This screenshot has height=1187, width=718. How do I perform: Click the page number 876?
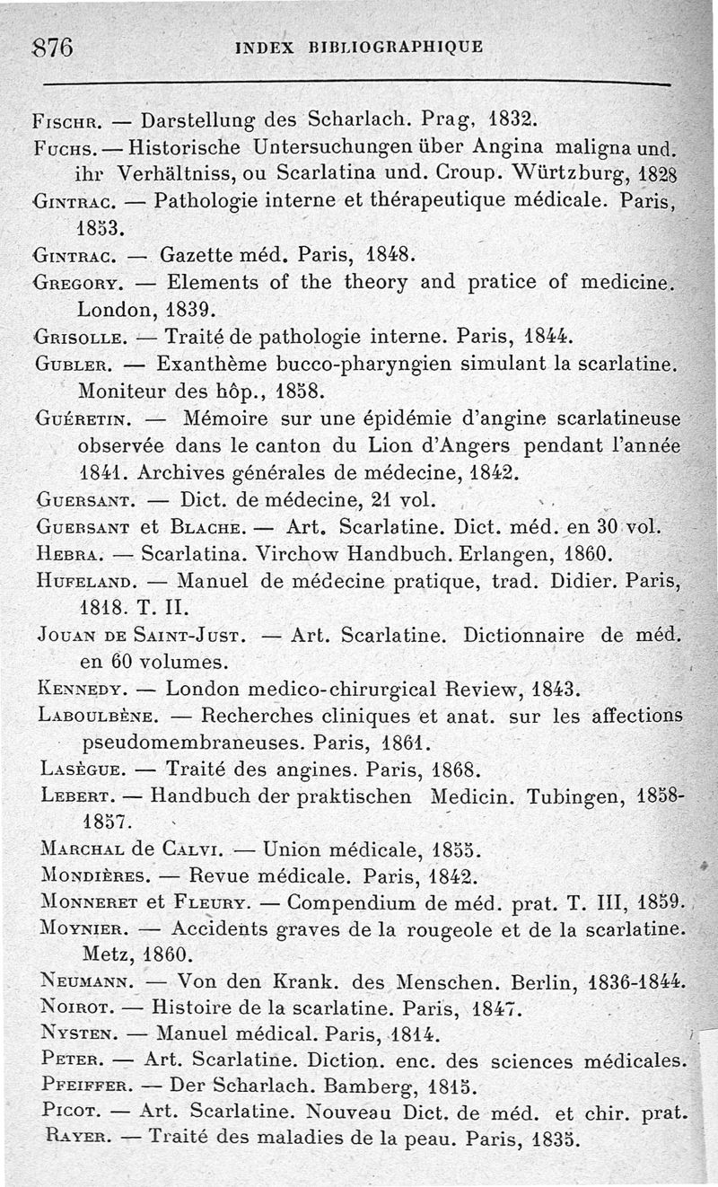52,47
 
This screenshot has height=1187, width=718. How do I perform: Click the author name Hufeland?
85,581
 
